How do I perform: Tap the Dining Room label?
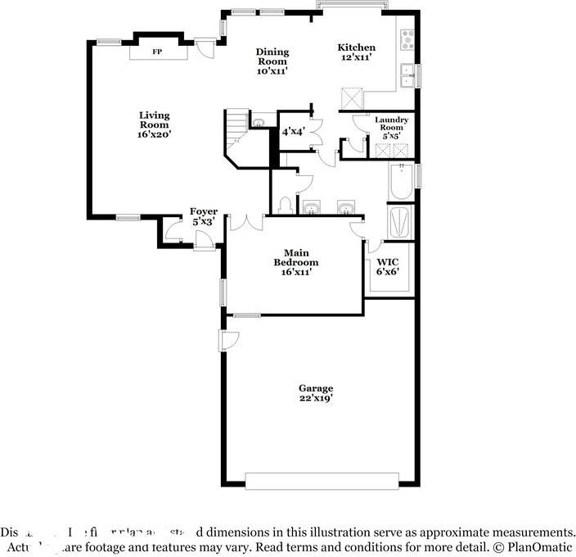click(272, 61)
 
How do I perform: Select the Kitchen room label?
click(357, 52)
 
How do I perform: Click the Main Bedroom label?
click(295, 261)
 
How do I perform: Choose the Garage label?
click(315, 392)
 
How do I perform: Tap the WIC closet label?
click(387, 265)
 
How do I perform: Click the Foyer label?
click(204, 215)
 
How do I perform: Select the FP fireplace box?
click(158, 51)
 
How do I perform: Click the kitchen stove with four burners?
click(407, 38)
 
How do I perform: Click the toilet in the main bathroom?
click(283, 204)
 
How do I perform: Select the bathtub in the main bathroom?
click(401, 183)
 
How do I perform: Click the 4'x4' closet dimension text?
click(293, 131)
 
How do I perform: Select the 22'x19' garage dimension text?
click(315, 398)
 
